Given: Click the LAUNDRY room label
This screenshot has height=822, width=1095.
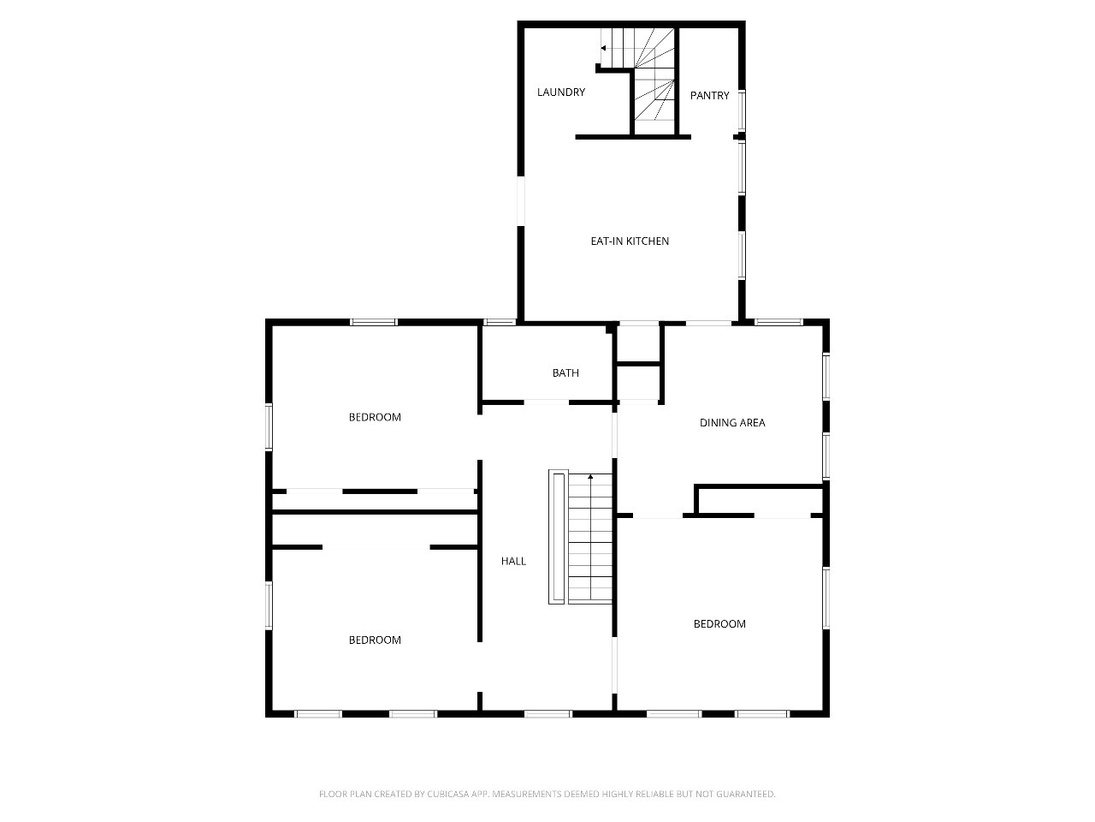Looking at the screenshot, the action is click(560, 92).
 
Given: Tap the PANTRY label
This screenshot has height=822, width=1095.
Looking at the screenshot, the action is click(709, 96).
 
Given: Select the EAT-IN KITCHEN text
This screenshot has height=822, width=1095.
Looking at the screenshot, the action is click(630, 241).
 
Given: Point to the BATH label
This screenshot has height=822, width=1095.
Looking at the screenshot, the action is click(565, 372).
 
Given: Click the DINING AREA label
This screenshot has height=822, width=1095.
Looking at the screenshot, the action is click(732, 423).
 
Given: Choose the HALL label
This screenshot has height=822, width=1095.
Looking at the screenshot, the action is click(513, 561).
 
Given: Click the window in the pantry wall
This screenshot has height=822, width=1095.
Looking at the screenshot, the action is click(742, 110).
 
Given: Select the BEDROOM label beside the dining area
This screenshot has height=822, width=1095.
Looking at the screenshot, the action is click(719, 624).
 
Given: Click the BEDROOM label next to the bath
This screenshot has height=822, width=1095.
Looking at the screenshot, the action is click(375, 417).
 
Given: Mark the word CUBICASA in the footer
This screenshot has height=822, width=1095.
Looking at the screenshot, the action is click(448, 794).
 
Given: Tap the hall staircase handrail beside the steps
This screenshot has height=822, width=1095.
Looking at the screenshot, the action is click(559, 537).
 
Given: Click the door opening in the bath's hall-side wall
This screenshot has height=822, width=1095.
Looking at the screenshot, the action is click(547, 402).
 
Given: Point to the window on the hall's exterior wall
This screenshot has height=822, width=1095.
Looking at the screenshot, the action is click(547, 714).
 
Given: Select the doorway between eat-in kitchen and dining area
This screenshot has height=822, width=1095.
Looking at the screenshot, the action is click(709, 323).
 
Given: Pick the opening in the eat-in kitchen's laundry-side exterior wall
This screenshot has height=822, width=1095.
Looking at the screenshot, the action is click(521, 201).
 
